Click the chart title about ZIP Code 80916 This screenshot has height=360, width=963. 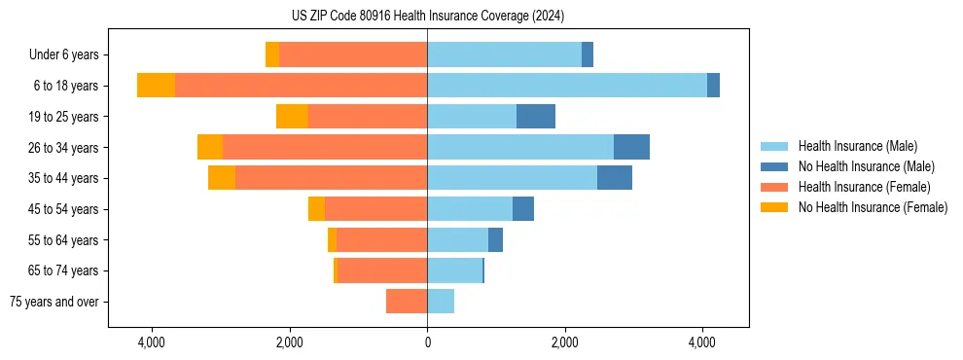427,16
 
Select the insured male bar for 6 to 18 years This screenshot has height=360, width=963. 566,86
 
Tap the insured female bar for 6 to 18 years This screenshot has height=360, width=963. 301,86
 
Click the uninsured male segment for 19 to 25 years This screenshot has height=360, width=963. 535,117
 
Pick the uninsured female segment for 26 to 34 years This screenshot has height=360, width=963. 210,147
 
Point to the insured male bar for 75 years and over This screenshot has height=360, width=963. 441,302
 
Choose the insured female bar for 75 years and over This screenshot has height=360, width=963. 407,302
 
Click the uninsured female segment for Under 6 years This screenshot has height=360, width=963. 272,54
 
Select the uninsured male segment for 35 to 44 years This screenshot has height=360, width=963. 614,178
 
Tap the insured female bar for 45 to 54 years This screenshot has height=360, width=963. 375,209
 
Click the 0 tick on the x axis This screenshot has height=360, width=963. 427,342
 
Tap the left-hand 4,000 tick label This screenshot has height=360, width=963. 152,342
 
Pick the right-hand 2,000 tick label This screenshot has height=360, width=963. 565,342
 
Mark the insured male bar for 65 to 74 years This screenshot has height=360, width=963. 454,270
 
